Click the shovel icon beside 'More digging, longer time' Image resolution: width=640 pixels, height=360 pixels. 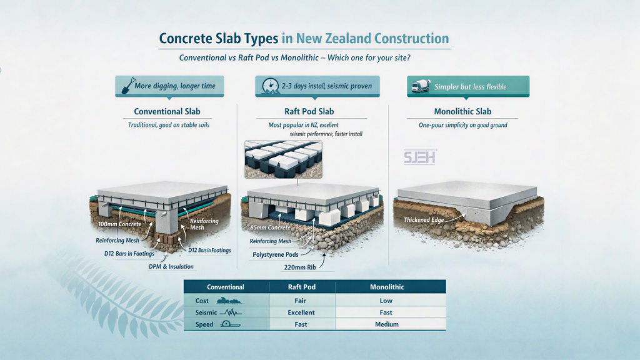pyautogui.click(x=124, y=86)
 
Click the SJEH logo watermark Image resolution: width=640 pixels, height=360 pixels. pyautogui.click(x=420, y=156)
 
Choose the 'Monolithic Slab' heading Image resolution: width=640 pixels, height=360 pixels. pyautogui.click(x=462, y=112)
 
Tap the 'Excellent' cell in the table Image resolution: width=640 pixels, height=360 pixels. pyautogui.click(x=302, y=312)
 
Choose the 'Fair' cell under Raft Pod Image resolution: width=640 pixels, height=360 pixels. pyautogui.click(x=302, y=301)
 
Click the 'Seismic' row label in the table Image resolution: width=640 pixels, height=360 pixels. pyautogui.click(x=206, y=312)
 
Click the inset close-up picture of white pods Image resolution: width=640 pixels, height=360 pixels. pyautogui.click(x=282, y=159)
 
